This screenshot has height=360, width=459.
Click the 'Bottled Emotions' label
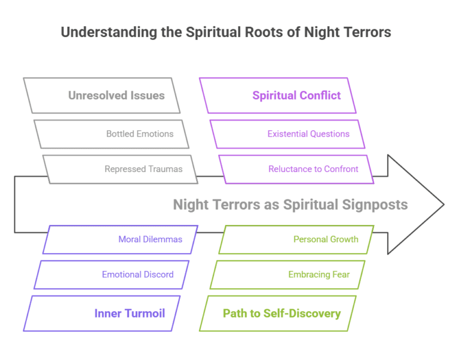point(140,134)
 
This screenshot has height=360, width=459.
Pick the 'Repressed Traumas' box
point(143,169)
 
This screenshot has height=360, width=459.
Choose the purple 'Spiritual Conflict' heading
point(296,96)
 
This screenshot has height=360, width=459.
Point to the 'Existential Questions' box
point(308,134)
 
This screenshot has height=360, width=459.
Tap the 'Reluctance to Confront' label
point(313,169)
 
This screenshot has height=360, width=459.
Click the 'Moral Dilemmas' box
point(150,239)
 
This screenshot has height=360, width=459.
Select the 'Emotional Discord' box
point(137,275)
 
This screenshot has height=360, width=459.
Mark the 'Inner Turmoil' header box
point(129,313)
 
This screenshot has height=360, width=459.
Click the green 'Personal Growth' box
point(326,239)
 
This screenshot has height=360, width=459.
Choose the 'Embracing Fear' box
point(319,275)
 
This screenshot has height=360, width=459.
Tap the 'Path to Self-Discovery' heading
point(281,313)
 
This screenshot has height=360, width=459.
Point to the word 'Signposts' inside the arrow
point(375,205)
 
